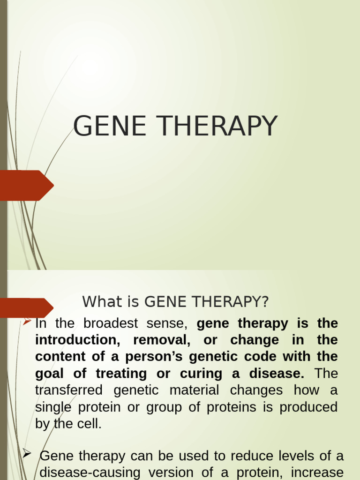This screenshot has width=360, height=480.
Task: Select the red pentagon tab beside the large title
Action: pyautogui.click(x=26, y=186)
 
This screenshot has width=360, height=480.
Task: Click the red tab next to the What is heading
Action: pyautogui.click(x=26, y=307)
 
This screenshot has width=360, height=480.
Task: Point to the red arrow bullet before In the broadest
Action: pyautogui.click(x=27, y=322)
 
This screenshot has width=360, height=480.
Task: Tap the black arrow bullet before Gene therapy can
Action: pyautogui.click(x=27, y=453)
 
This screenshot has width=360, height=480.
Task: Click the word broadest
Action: pyautogui.click(x=111, y=323)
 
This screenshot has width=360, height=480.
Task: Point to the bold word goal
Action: pyautogui.click(x=50, y=374)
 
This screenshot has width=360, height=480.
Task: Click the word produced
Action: pyautogui.click(x=308, y=407)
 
